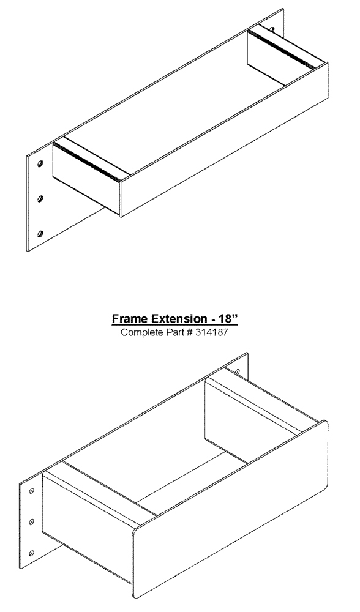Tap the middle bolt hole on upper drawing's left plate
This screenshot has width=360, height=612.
click(40, 198)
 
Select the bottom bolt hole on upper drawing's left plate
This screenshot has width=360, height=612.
click(40, 233)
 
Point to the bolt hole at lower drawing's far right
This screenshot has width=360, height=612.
click(237, 371)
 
